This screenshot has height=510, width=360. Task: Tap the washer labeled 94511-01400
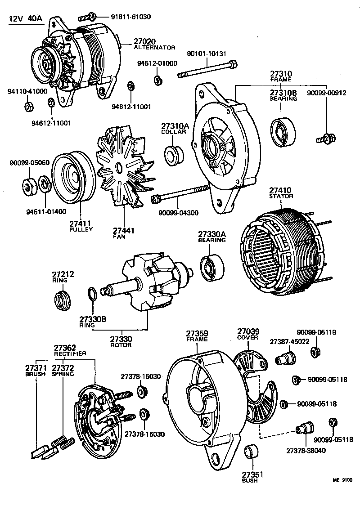(x=45, y=184)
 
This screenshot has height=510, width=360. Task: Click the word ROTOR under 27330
(x=121, y=345)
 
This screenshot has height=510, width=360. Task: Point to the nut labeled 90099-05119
(x=316, y=351)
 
